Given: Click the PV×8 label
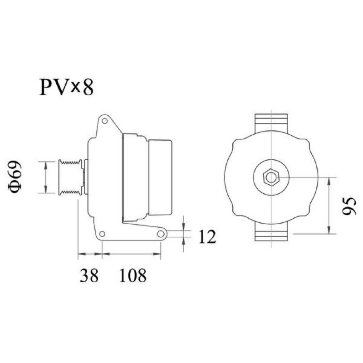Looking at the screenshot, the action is [66, 87].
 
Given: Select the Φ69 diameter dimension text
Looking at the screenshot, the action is [15, 177].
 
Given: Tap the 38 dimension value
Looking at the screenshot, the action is [89, 275].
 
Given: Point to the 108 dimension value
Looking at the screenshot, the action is [133, 275].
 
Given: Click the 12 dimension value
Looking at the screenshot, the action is [207, 236].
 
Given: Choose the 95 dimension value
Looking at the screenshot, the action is [349, 206].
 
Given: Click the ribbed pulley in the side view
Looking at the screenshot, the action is [70, 177].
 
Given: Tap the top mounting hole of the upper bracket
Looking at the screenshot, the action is [105, 121].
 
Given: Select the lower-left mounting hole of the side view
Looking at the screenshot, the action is [102, 234].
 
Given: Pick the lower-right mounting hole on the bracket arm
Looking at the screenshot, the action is [161, 234].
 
